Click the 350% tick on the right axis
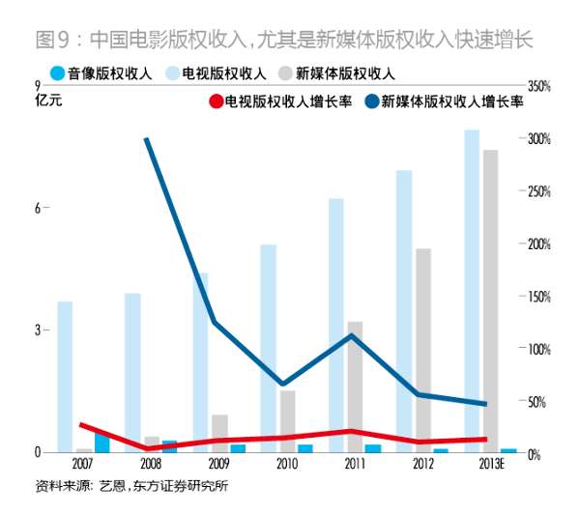pyautogui.click(x=537, y=87)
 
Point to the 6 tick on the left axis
pyautogui.click(x=36, y=209)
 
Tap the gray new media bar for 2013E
pyautogui.click(x=490, y=300)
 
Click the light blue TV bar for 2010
pyautogui.click(x=269, y=348)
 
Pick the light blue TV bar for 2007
pyautogui.click(x=65, y=377)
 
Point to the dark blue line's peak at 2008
pyautogui.click(x=146, y=138)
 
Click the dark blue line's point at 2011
pyautogui.click(x=352, y=335)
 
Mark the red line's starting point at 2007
pyautogui.click(x=81, y=424)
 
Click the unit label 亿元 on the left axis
pyautogui.click(x=47, y=100)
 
